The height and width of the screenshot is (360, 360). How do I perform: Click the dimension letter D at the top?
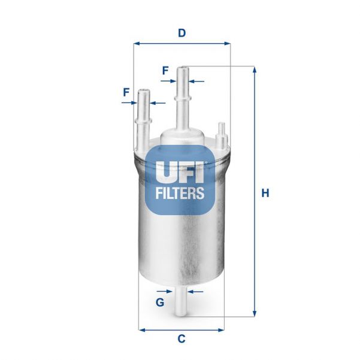point(181,34)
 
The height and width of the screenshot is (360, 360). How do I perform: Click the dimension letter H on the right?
point(265,193)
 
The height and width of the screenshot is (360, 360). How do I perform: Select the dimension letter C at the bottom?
point(181,339)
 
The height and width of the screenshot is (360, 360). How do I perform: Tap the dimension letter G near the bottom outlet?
point(160,302)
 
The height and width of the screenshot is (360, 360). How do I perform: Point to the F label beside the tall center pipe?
point(165,71)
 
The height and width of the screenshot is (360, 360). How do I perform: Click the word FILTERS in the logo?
point(181,193)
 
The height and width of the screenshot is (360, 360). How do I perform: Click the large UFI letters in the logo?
point(181,171)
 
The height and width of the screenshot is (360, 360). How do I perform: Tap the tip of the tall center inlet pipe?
point(183,69)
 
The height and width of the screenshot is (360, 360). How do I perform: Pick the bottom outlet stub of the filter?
point(181,302)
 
